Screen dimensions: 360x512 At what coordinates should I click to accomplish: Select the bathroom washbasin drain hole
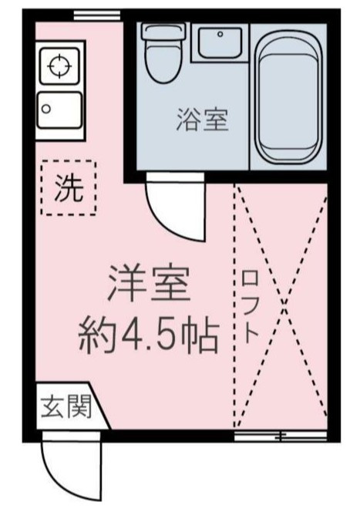point(220,33)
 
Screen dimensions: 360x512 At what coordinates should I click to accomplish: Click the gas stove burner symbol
point(59,66)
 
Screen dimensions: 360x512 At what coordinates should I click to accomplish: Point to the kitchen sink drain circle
point(47,109)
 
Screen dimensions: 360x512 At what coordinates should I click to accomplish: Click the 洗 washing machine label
point(69,187)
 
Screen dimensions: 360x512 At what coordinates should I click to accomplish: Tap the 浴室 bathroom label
point(203,120)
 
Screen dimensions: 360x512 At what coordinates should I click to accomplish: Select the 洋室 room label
point(149,284)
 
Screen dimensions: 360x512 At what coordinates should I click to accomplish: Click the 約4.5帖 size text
point(149,335)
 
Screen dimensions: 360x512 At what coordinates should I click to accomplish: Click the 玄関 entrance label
point(66,406)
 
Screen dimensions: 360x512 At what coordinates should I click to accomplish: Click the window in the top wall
point(97,15)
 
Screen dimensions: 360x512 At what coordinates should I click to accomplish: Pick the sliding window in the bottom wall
point(281,436)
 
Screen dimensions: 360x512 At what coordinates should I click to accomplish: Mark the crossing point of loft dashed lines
point(284,303)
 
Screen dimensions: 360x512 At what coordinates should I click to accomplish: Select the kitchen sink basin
point(59,110)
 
